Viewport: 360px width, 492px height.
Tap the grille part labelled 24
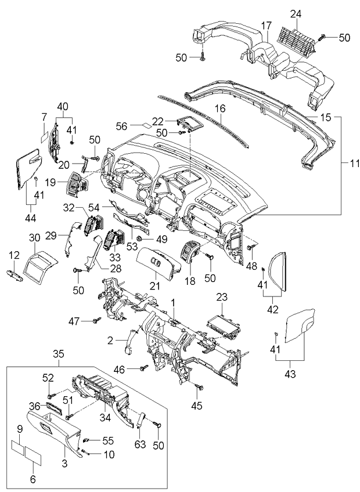[x=296, y=38]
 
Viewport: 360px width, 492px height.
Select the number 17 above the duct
[x=265, y=26]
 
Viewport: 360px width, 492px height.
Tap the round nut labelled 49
[x=139, y=238]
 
